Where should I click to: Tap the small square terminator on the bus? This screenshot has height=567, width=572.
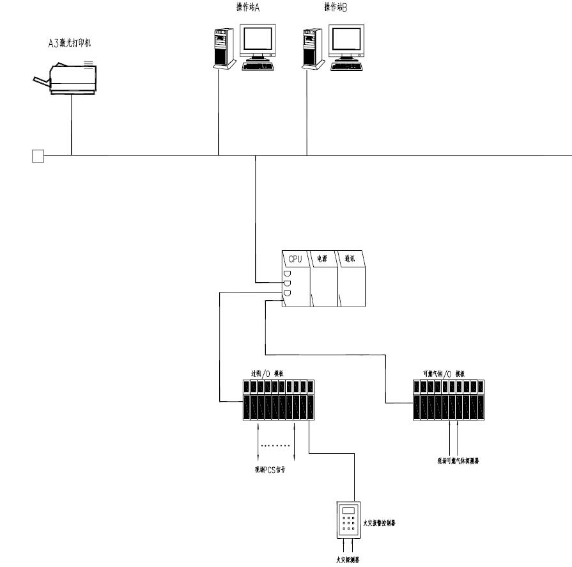point(38,156)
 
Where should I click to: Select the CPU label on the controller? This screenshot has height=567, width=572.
point(295,259)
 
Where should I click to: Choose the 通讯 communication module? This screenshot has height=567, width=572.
point(351,280)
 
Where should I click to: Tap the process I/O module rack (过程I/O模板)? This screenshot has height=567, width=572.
point(279,401)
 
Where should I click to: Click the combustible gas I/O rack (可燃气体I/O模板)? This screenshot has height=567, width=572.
point(449,401)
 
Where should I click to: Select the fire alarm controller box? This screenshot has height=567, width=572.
point(348,518)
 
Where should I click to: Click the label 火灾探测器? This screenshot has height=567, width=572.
point(348,559)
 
